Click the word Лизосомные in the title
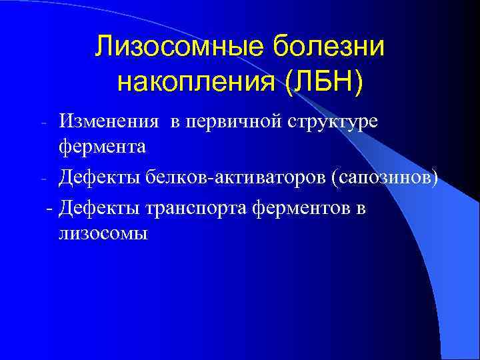tap(182, 47)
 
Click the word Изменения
tap(109, 121)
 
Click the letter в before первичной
tap(175, 122)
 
